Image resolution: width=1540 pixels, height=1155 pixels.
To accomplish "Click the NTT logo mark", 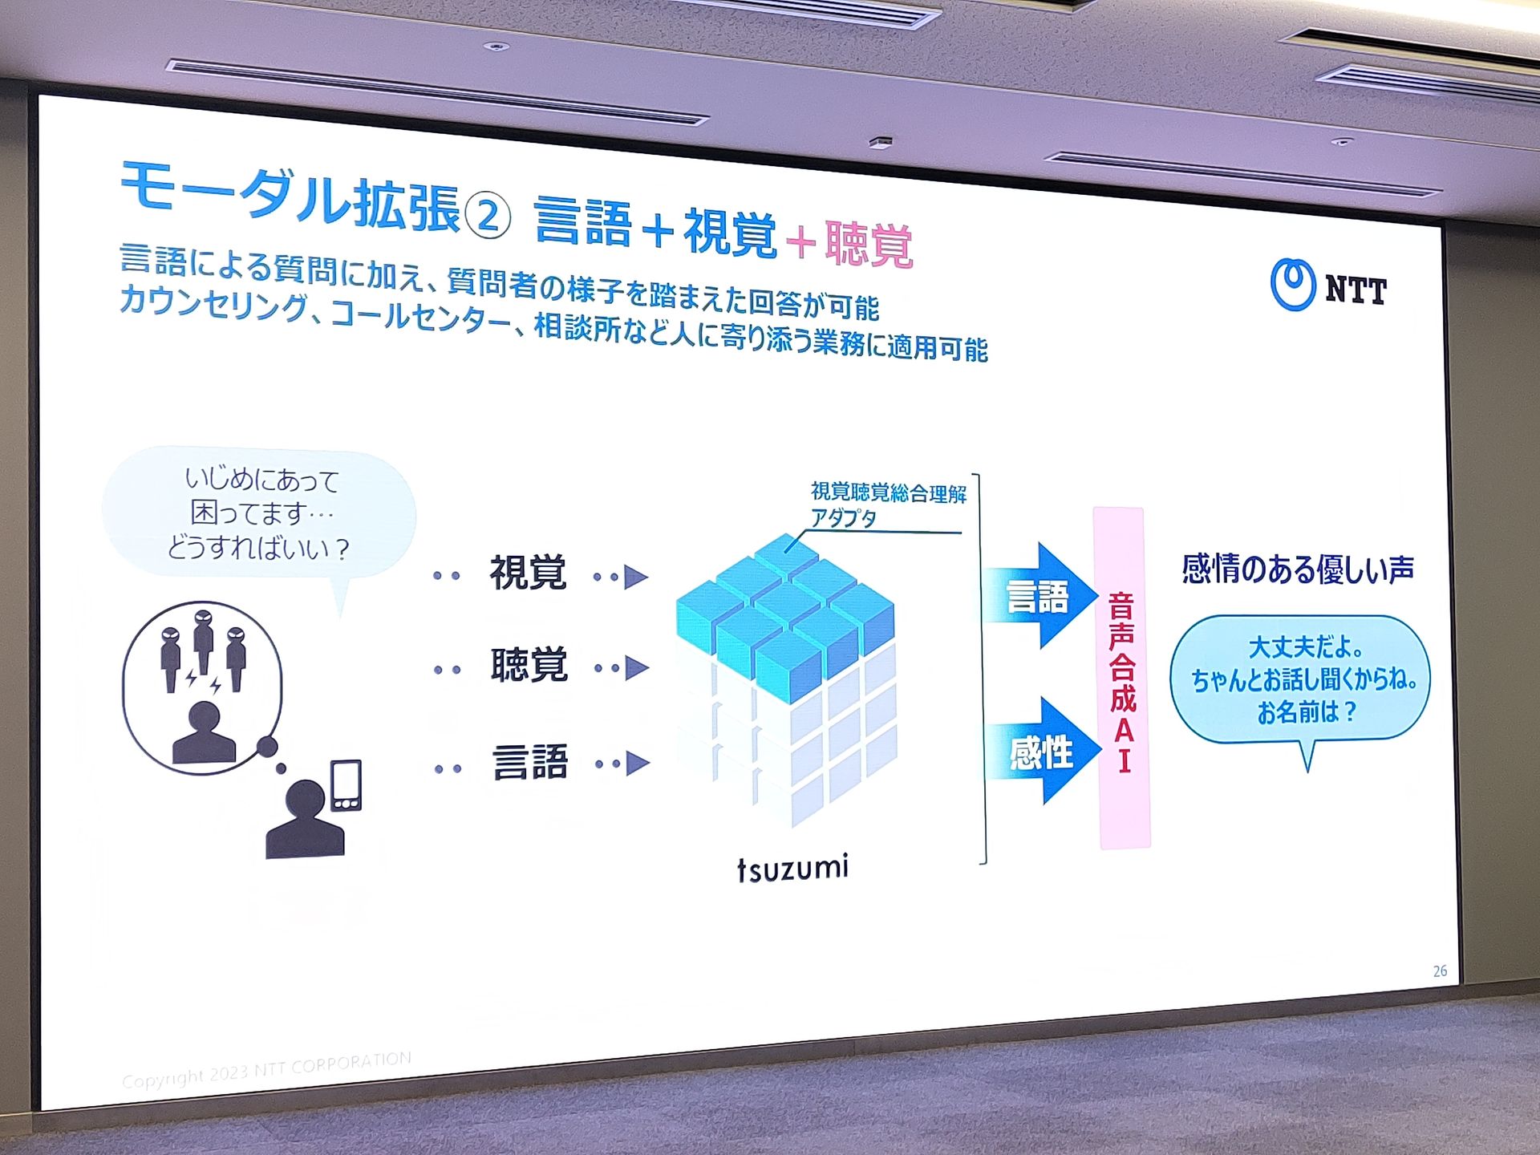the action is [x=1292, y=284].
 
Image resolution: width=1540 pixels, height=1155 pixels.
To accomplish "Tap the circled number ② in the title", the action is [x=487, y=215].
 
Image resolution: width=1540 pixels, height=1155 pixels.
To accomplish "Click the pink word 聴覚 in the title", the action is [x=869, y=243].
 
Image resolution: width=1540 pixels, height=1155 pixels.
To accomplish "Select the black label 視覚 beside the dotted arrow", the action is [x=528, y=573].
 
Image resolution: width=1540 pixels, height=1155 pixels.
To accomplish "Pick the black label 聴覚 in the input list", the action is [x=529, y=665].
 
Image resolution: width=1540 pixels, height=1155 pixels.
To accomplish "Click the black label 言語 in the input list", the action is [x=530, y=761].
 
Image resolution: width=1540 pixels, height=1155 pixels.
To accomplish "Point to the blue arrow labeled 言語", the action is [x=1040, y=596].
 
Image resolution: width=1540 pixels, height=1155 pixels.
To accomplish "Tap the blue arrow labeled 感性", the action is [x=1043, y=752].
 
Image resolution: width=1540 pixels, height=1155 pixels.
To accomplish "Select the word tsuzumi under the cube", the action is [x=792, y=869].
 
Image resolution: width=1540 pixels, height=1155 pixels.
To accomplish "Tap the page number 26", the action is [x=1440, y=971].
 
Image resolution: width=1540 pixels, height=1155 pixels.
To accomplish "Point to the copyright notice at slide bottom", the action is [x=266, y=1070].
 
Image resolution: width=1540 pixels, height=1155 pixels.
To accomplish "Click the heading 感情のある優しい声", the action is [x=1298, y=569].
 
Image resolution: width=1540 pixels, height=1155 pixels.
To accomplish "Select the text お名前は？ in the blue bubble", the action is [x=1307, y=711].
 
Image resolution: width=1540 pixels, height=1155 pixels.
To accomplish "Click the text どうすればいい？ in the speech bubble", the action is [x=258, y=548].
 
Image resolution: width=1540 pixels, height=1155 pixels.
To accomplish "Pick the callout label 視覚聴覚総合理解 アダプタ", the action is [x=888, y=505].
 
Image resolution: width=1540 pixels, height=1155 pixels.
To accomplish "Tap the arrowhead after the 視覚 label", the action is [x=636, y=577].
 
